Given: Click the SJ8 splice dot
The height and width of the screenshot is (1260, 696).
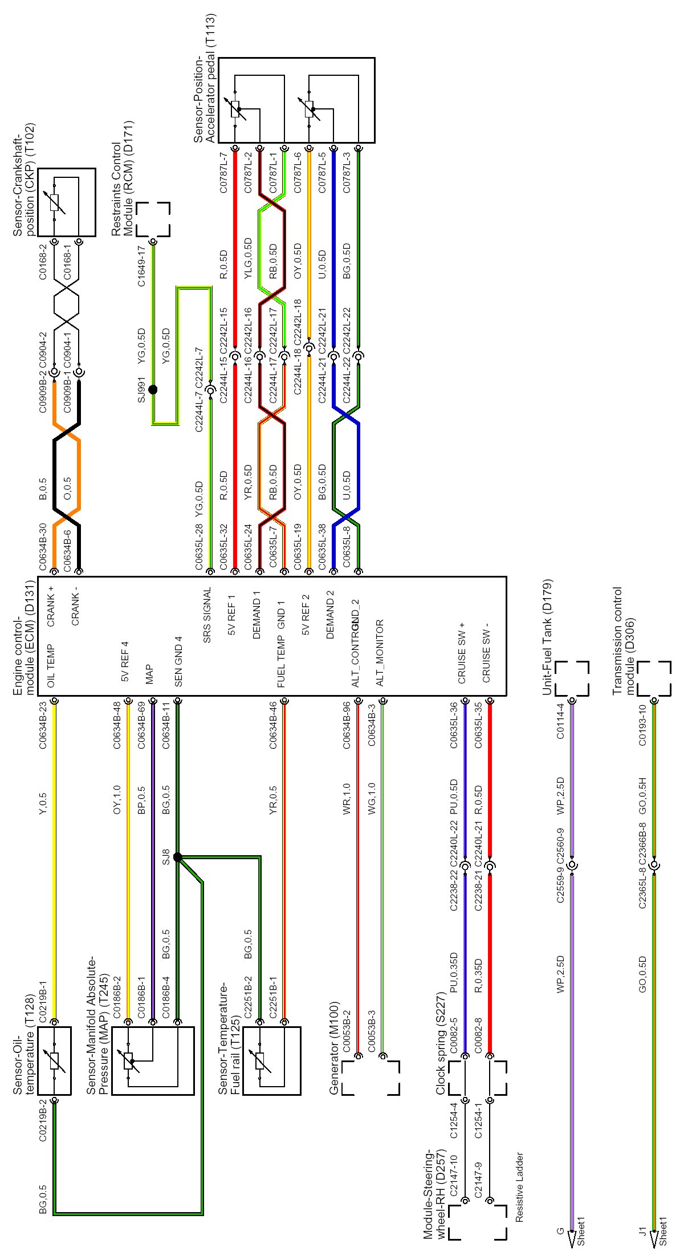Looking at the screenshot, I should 177,857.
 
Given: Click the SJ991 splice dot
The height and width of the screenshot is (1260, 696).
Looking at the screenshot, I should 153,390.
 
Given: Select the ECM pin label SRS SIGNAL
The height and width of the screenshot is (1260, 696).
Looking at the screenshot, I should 207,615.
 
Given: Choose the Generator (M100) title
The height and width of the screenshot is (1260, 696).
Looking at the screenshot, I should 335,1048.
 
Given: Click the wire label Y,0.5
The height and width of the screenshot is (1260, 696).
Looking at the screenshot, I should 43,803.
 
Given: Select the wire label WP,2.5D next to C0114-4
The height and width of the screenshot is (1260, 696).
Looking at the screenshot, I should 560,795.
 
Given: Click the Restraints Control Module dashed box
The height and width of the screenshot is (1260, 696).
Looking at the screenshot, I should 153,219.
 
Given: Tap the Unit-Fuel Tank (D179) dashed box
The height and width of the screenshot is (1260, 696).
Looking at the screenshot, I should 572,678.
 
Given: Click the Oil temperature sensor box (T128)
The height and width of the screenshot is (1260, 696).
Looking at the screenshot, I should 54,1060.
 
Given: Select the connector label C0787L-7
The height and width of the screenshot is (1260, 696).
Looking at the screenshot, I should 224,172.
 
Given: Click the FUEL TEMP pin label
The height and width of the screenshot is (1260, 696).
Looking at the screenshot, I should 281,661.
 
